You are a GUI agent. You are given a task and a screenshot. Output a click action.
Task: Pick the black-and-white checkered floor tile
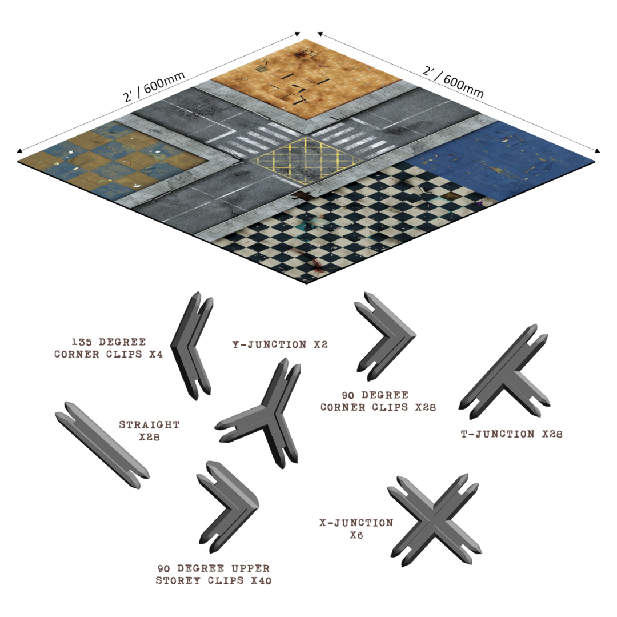pyautogui.click(x=343, y=229)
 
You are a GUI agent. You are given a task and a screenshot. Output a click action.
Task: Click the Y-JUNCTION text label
pyautogui.click(x=279, y=345)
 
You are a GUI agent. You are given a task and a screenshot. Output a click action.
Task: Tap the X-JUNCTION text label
pyautogui.click(x=356, y=529)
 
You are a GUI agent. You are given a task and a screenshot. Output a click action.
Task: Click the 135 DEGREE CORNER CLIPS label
pyautogui.click(x=109, y=348)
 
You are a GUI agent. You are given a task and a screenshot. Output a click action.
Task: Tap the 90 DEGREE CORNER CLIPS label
pyautogui.click(x=378, y=401)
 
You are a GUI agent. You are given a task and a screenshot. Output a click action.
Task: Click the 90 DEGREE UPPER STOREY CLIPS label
pyautogui.click(x=214, y=575)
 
